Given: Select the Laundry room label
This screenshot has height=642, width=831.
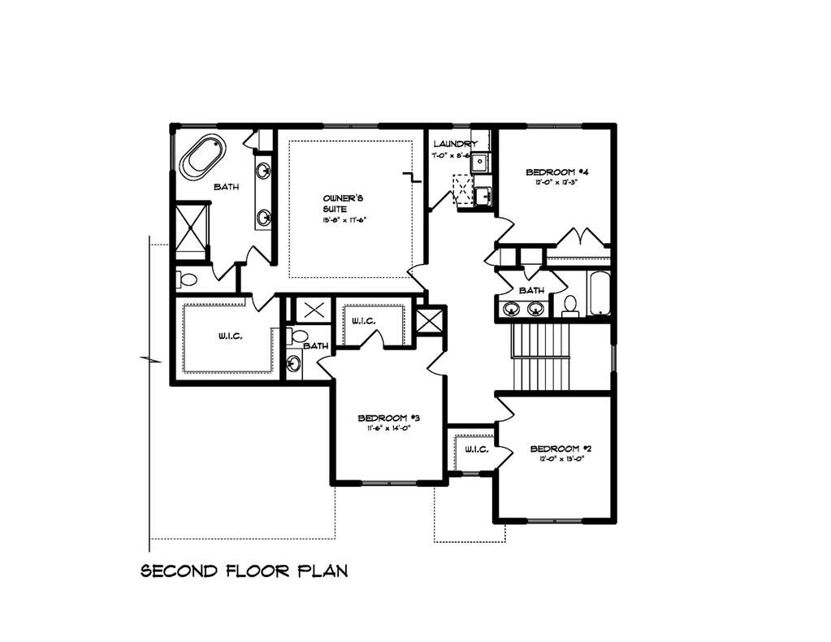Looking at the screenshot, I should (x=461, y=145).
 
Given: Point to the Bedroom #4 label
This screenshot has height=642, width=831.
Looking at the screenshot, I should (x=556, y=172).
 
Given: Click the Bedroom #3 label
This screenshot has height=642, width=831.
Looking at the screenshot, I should (x=388, y=419).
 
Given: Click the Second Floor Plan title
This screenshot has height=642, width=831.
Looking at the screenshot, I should (x=245, y=570).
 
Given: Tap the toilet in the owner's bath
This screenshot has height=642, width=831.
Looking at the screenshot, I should (x=187, y=281).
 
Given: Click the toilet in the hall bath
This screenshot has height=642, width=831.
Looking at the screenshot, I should (x=570, y=305).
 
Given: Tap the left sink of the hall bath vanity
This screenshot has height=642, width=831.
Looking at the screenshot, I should (x=512, y=308).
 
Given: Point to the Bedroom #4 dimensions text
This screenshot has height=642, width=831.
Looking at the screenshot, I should (x=556, y=183).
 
